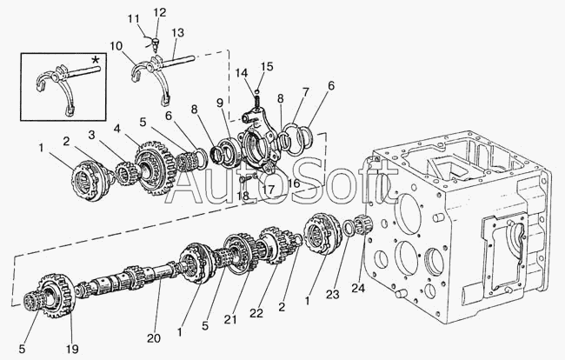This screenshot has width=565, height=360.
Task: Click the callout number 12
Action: (x=160, y=13)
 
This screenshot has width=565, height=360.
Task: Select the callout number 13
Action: (x=177, y=32)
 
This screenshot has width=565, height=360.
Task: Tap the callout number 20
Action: (x=154, y=338)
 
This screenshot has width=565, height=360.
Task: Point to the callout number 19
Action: (x=71, y=349)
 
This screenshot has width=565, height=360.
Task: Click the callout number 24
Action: (x=359, y=288)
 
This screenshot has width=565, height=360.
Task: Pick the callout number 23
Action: (x=333, y=295)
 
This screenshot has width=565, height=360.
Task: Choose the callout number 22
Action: (x=256, y=313)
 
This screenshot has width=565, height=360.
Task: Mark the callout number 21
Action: (x=230, y=319)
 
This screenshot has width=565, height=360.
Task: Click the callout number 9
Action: (x=220, y=103)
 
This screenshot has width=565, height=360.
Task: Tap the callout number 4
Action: (x=116, y=129)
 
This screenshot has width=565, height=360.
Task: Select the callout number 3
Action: (x=92, y=135)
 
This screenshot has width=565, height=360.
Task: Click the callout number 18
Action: (x=243, y=196)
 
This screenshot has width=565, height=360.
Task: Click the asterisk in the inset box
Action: (x=95, y=59)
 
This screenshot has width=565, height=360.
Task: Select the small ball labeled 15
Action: (x=257, y=90)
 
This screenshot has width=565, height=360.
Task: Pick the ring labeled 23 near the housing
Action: (x=348, y=229)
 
